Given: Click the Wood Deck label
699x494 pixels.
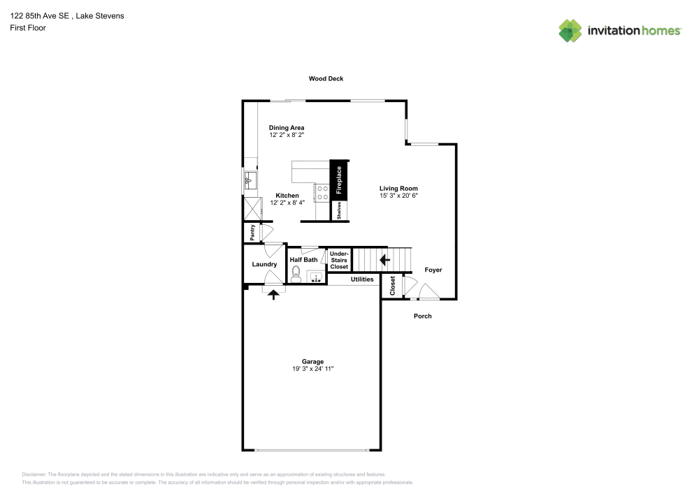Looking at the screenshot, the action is coord(326,78).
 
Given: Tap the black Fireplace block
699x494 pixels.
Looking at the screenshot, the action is coord(338,180).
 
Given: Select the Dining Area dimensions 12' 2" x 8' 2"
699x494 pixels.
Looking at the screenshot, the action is coord(287,135).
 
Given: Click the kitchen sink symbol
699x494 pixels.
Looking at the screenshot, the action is coord(250,180).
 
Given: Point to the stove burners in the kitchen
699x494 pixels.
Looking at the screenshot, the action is coord(323,193).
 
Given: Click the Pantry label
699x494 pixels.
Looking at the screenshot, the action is coord(252,233).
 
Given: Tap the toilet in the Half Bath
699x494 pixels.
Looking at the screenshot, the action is coord(296,275).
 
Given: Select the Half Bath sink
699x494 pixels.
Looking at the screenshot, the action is coord(316,277).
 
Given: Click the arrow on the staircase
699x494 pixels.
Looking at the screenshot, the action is coord(384,260).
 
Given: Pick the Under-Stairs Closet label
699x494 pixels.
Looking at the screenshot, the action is coord(339,260).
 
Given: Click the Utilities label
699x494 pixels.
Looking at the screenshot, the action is coord(362,279).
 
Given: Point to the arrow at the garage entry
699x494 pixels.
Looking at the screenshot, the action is coord(273,294).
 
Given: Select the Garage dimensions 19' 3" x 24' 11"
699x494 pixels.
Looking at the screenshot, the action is coord(313,369).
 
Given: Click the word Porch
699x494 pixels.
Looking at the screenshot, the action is coord(423,317).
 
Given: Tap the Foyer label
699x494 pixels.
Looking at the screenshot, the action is coord(433,270).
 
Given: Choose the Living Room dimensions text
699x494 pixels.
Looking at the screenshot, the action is coord(398,196).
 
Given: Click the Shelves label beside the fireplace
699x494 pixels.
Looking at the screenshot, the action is coord(339,210).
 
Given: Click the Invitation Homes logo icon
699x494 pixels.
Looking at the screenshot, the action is coord(570,31).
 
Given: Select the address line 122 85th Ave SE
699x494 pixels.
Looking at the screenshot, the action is coord(40,16).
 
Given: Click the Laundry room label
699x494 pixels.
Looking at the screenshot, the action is coord(264,264).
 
